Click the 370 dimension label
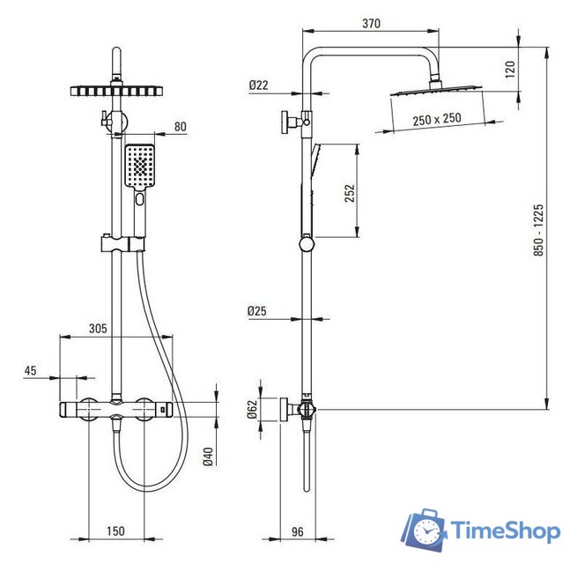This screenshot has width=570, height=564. click(x=371, y=24)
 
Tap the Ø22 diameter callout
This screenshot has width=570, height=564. click(x=258, y=85)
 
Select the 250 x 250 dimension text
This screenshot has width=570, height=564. click(x=437, y=119)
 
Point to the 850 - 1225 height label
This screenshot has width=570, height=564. click(x=539, y=230)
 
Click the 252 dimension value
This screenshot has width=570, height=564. click(x=350, y=193)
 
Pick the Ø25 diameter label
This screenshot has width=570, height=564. click(x=257, y=311)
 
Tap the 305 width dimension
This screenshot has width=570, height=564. click(x=98, y=329)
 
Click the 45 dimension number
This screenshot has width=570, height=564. click(x=31, y=370)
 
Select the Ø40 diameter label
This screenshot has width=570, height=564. click(x=208, y=456)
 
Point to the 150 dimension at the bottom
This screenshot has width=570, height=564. click(x=115, y=531)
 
